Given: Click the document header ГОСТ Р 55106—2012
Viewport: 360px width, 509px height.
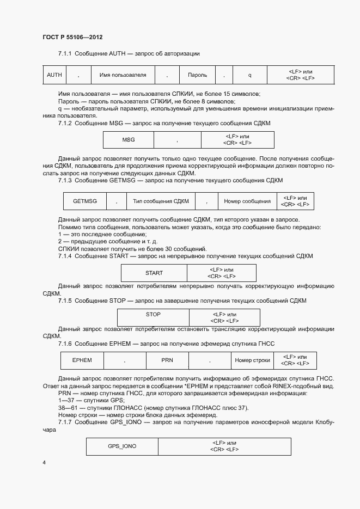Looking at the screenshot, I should pos(72,38).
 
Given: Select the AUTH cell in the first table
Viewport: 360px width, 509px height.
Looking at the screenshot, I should pos(54,75).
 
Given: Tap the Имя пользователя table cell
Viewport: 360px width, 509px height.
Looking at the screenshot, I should pos(123,75).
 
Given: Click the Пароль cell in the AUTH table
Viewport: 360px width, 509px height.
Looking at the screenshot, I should pos(197,75).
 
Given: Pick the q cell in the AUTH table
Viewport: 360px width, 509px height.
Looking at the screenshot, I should pos(249,75).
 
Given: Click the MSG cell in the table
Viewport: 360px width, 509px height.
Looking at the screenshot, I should pos(129,140).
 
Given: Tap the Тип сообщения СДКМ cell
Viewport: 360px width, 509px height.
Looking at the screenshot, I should pos(161,201).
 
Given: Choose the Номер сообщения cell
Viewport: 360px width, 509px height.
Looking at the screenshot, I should pos(247,201).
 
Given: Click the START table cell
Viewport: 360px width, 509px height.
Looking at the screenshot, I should pos(154,273).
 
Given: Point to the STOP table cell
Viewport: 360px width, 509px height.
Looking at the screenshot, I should pos(153,315).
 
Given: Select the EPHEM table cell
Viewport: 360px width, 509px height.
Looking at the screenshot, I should pos(82,360).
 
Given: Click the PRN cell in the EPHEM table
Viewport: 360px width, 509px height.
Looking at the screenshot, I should pos(167,360).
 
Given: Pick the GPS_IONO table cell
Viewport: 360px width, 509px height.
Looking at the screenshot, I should pos(122,446).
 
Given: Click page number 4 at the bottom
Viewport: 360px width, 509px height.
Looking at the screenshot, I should pos(44,463).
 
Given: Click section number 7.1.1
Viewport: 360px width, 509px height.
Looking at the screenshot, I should pos(65,53).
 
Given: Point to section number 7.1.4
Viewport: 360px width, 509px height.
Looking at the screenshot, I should pos(65,256).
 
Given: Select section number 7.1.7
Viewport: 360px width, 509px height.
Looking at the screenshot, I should pos(65,422).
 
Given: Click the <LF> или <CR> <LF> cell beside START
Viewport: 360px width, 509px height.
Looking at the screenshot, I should pos(221,273).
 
